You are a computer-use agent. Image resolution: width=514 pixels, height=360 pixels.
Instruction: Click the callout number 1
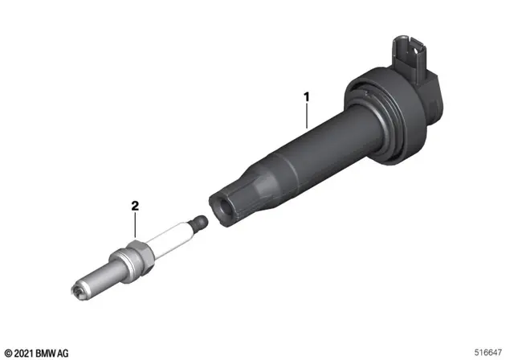307,97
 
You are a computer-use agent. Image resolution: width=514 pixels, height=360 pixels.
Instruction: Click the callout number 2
135,206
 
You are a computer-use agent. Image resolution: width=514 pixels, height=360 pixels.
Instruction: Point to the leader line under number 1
307,116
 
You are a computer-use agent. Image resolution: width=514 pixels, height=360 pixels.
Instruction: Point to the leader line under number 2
135,225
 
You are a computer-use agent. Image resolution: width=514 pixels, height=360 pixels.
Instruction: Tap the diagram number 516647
487,353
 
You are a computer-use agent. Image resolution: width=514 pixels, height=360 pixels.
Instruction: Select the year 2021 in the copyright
24,354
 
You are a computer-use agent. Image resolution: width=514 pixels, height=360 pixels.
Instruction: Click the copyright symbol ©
9,354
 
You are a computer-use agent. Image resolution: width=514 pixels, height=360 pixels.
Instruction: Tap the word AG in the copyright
63,354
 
